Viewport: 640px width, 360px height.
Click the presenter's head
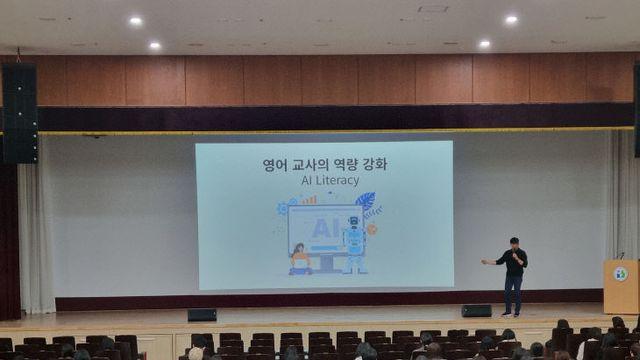[x=514, y=243]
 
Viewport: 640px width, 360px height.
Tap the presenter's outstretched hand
[x=484, y=262]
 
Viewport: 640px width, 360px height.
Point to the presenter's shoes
[x=512, y=314]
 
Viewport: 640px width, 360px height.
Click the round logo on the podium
[x=621, y=274]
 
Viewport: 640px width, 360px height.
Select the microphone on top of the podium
[x=621, y=256]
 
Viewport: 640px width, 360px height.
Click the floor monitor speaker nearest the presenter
[x=476, y=311]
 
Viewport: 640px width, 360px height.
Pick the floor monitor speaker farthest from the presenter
[x=202, y=315]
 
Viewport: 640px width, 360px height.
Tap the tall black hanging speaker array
[x=20, y=113]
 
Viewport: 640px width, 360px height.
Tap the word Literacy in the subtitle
[x=337, y=180]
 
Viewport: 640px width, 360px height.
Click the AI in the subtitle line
[x=306, y=180]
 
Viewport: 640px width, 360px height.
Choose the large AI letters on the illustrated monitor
[x=325, y=228]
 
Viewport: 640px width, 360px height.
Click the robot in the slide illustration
[x=354, y=245]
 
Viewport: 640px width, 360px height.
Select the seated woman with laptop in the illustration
[x=300, y=260]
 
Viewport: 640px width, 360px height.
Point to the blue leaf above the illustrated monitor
[x=365, y=201]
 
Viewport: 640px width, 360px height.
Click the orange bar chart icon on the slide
[x=309, y=200]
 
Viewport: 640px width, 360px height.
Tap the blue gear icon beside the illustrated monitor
[x=282, y=208]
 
